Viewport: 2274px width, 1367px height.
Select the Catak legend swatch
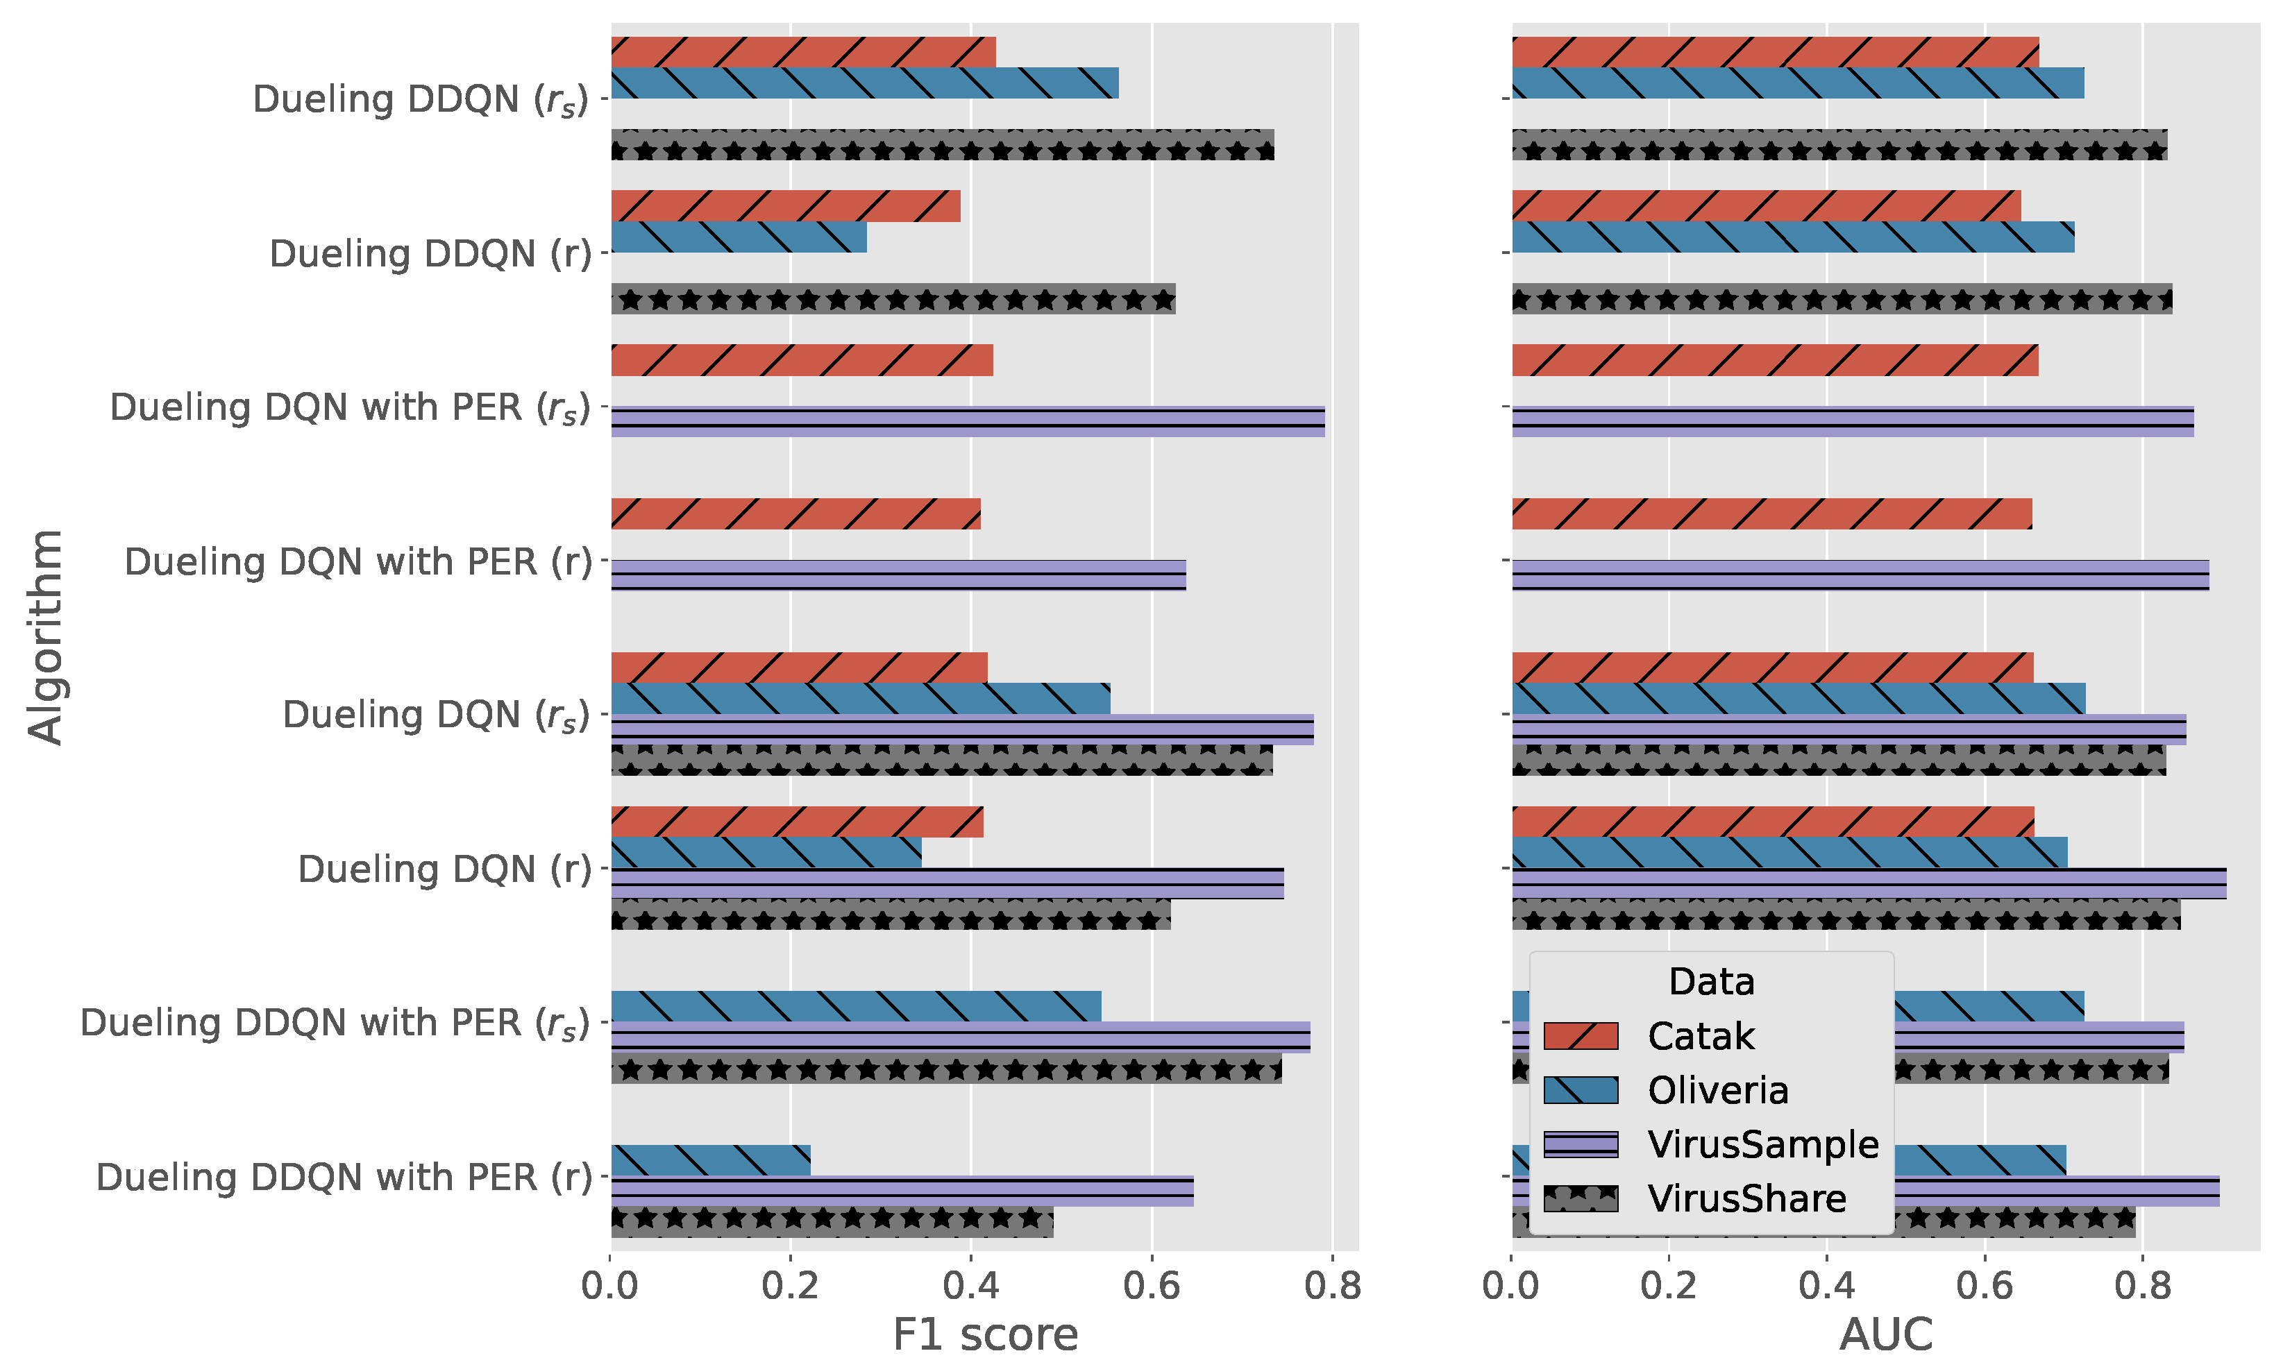(x=1580, y=1035)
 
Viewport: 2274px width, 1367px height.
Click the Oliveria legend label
(x=1717, y=1089)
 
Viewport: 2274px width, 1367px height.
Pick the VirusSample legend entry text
(x=1762, y=1144)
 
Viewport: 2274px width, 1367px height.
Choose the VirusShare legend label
(x=1746, y=1198)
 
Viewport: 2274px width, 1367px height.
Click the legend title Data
(x=1711, y=981)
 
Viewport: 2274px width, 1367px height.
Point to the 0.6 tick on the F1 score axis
(x=1151, y=1285)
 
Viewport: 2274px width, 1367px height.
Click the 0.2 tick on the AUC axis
(x=1668, y=1285)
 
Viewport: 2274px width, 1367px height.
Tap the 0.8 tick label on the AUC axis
(x=2142, y=1285)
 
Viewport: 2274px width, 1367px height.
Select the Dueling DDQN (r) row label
(x=430, y=253)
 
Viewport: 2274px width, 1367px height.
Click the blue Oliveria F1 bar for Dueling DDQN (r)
(x=738, y=237)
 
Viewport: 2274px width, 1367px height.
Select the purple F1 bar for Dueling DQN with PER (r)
(x=898, y=575)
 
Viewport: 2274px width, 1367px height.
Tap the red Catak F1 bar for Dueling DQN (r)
(x=796, y=822)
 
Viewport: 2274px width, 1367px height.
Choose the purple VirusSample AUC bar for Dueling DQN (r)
(x=1869, y=883)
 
